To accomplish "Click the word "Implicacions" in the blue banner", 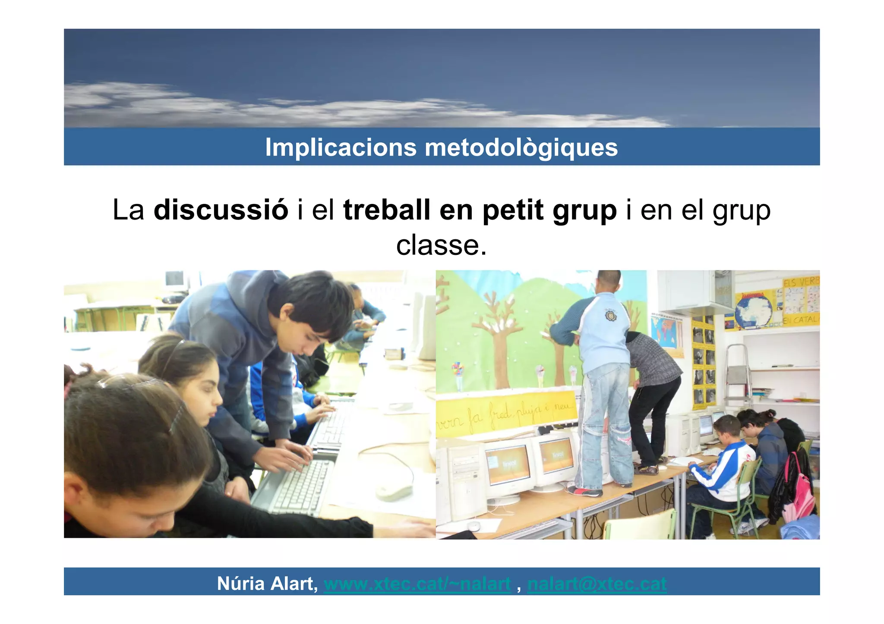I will point(341,147).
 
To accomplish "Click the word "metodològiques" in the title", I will point(521,147).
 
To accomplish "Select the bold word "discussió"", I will point(221,210).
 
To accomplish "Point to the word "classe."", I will point(441,245).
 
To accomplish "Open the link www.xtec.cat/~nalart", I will point(417,584).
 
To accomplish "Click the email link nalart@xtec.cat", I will point(597,584).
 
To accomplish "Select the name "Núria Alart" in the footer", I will point(267,584).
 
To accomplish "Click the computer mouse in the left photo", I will point(394,491).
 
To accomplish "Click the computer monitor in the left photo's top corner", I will point(175,281).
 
